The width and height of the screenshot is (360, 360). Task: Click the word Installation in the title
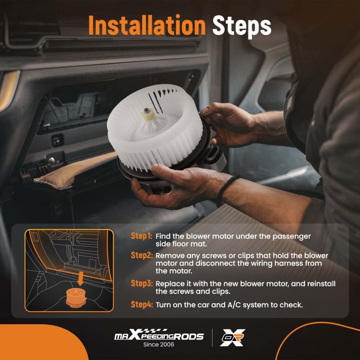coord(147,25)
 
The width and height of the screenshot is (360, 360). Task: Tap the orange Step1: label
coord(141,236)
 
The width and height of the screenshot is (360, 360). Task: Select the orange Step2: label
coord(141,255)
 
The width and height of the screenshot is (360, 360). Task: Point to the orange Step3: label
coord(141,283)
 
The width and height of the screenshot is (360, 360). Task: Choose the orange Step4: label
coord(141,304)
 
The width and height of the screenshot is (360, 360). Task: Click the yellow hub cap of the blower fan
coord(149,115)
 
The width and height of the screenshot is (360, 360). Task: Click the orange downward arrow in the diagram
coord(80,279)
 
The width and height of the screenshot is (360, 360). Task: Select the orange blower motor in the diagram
coord(76,298)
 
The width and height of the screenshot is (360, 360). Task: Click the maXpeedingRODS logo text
coord(159,335)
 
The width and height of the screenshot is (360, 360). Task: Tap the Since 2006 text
coord(159,345)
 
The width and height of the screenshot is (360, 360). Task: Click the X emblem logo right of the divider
coord(232,337)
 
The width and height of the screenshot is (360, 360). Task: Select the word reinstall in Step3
coord(321,284)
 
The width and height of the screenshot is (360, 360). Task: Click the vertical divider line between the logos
coord(212,338)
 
